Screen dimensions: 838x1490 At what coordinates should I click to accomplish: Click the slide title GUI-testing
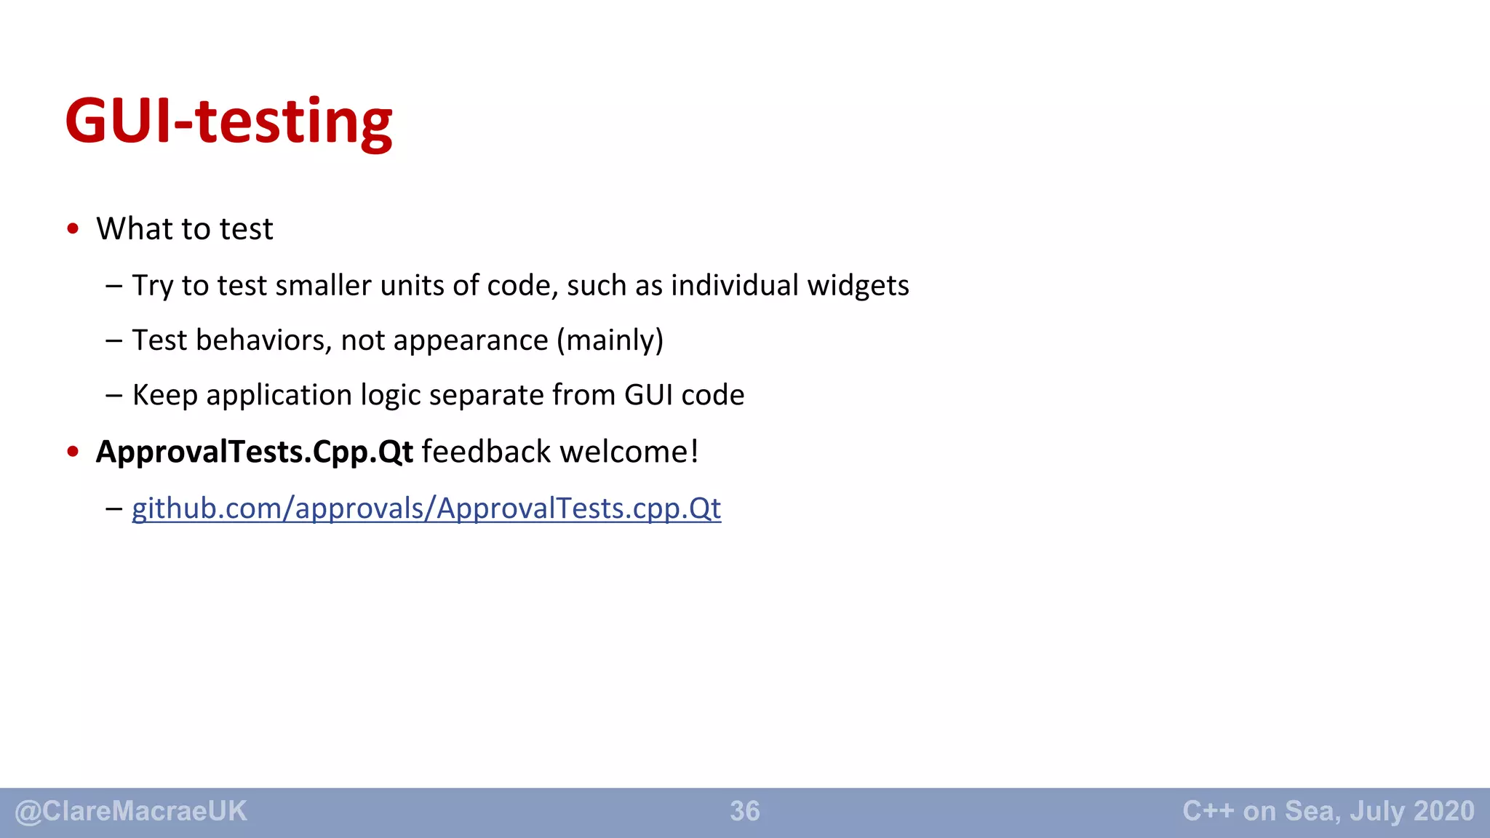point(228,121)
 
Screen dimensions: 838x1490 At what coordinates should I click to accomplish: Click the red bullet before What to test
point(73,229)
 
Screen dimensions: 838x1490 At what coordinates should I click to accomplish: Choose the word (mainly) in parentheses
point(610,340)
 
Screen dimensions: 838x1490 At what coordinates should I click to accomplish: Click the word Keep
point(164,396)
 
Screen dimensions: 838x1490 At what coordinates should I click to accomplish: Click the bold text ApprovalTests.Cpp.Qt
point(255,452)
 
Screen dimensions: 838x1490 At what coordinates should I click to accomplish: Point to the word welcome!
point(629,452)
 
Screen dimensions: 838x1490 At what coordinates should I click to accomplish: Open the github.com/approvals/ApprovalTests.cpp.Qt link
point(426,508)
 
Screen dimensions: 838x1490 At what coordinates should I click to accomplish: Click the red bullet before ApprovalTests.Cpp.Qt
point(73,452)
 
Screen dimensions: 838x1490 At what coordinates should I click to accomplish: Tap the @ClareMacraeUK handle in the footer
point(131,811)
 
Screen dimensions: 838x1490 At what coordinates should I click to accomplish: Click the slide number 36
point(745,811)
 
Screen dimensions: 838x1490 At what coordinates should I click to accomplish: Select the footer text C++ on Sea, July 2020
point(1328,811)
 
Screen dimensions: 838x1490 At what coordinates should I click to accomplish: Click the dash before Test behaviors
point(113,340)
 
